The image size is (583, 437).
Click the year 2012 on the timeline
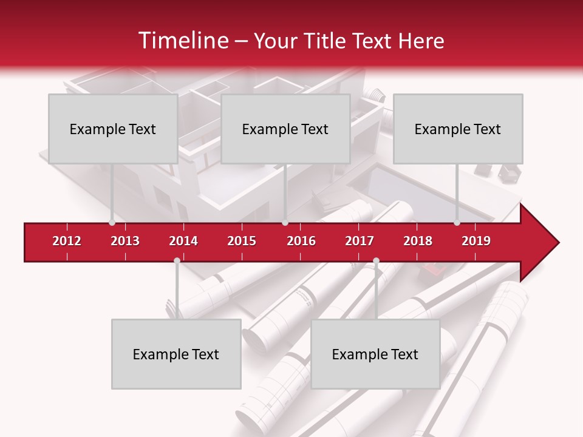(67, 241)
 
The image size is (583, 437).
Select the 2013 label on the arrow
(125, 241)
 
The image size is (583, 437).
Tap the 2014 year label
(183, 241)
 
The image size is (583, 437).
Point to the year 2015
(242, 241)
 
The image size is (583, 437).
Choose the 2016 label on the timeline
(301, 241)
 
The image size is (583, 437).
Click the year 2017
(360, 241)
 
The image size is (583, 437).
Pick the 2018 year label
(418, 241)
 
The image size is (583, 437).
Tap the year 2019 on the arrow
(476, 241)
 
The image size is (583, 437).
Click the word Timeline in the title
(182, 41)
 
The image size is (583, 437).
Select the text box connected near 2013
(113, 129)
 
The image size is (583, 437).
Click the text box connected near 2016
(285, 129)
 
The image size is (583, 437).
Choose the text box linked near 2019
(458, 129)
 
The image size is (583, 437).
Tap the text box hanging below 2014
(176, 354)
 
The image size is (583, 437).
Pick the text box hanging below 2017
(375, 354)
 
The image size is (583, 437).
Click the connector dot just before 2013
(112, 223)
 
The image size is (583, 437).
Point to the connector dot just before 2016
(285, 223)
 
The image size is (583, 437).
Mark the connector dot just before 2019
(457, 223)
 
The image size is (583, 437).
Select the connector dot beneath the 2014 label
(177, 261)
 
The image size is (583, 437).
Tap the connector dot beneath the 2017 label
(376, 261)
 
